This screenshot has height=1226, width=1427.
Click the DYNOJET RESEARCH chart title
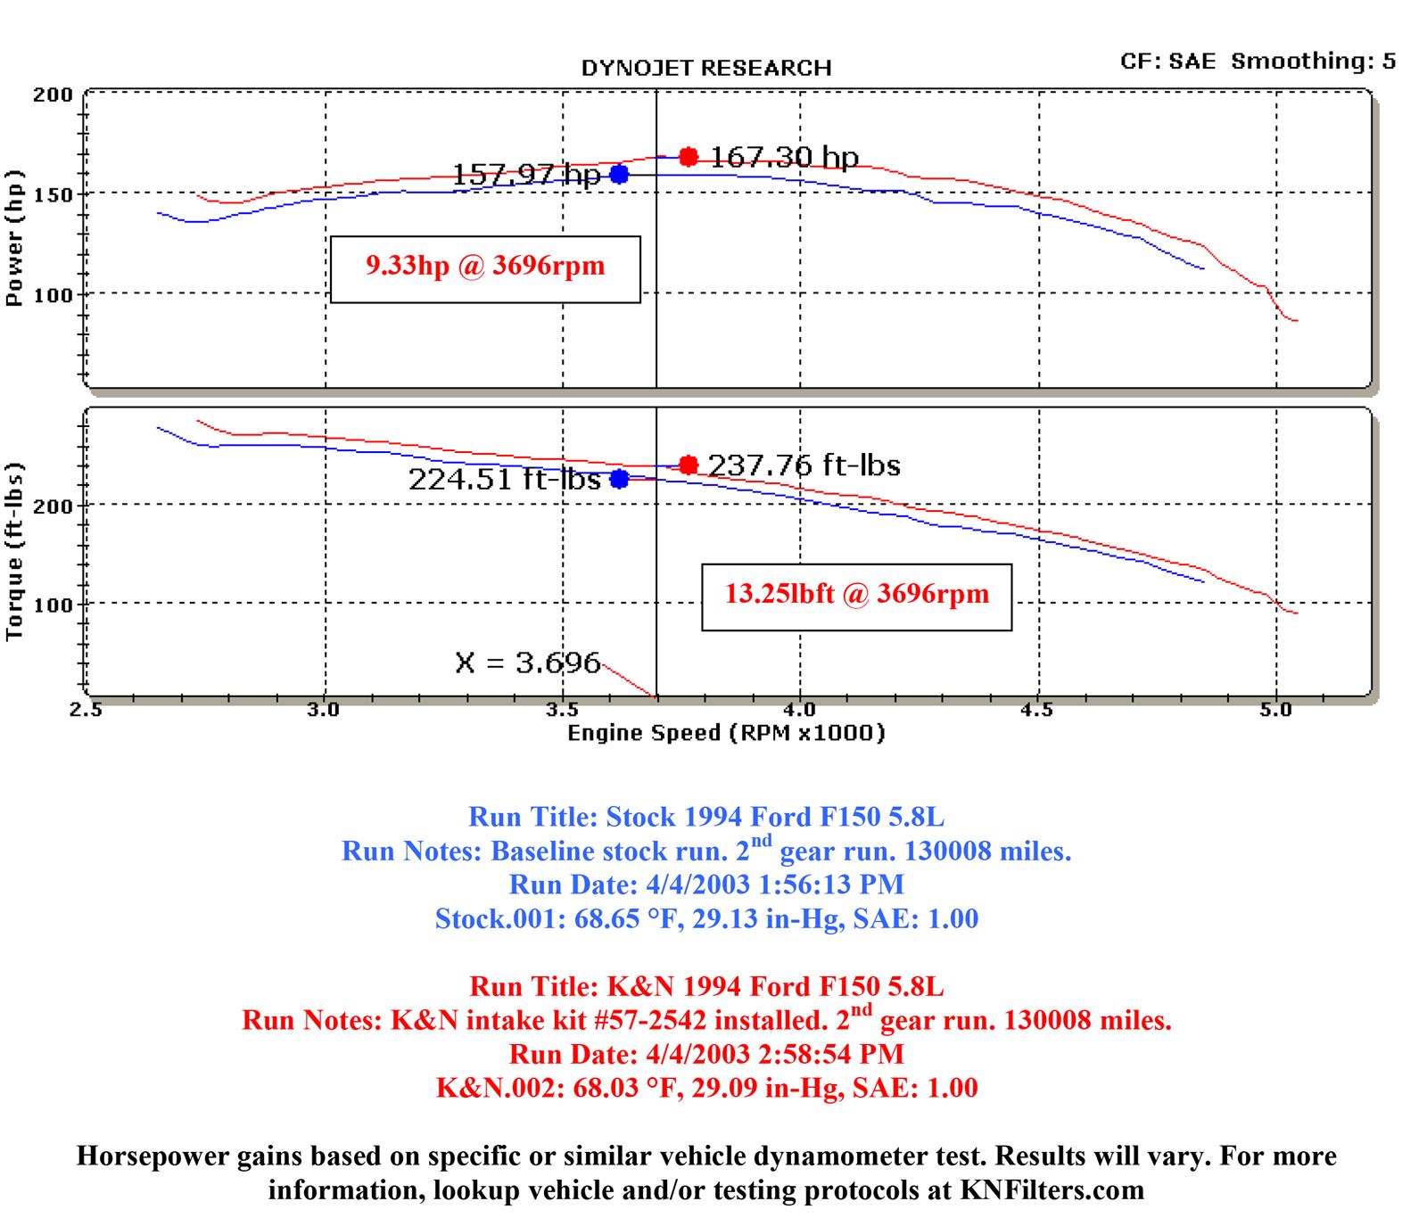(705, 69)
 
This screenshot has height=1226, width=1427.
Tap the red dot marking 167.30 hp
(688, 157)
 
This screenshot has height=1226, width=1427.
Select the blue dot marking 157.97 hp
(619, 174)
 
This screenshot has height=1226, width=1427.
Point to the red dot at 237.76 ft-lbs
(688, 465)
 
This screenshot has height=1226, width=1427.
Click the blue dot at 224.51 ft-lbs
(619, 479)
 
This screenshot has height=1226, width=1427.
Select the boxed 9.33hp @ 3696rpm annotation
(485, 267)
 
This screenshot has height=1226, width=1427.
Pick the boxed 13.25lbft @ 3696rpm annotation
(856, 595)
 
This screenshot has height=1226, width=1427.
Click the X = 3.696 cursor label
(527, 662)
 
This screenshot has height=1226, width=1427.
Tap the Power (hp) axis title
(14, 239)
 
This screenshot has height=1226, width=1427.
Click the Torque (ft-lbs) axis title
(14, 552)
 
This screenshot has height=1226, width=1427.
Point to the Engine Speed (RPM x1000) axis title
(726, 733)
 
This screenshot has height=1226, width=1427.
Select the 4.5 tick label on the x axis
(1037, 711)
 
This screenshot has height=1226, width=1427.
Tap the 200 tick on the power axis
(53, 95)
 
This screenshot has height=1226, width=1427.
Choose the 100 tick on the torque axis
(53, 604)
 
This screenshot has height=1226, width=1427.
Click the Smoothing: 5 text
(1313, 61)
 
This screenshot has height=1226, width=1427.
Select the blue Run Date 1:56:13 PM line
(705, 885)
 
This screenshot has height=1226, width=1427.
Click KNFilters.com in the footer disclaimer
(1052, 1190)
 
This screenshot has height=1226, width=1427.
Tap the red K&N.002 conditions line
(706, 1088)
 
